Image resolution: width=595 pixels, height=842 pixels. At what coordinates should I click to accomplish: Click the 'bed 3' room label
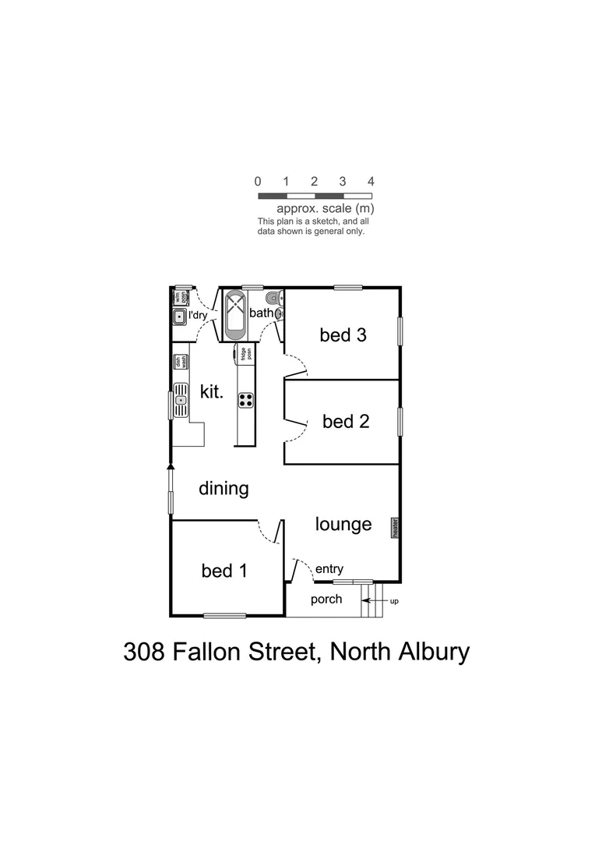pyautogui.click(x=343, y=335)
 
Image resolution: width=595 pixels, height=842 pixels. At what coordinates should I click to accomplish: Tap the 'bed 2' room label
pyautogui.click(x=345, y=422)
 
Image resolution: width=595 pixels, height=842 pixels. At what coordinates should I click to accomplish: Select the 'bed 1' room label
pyautogui.click(x=224, y=571)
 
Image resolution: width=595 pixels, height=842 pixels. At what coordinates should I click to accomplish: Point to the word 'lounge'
pyautogui.click(x=343, y=524)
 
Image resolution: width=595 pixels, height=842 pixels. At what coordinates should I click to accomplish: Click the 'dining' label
pyautogui.click(x=224, y=489)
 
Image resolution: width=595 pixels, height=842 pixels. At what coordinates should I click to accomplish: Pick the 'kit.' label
pyautogui.click(x=212, y=391)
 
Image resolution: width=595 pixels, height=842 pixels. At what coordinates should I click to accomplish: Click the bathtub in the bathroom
pyautogui.click(x=235, y=314)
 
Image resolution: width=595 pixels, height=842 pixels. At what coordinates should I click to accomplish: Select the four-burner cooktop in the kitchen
pyautogui.click(x=245, y=401)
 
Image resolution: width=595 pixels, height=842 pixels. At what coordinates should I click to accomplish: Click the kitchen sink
pyautogui.click(x=181, y=400)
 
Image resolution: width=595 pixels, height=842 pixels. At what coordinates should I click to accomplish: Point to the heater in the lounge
pyautogui.click(x=395, y=529)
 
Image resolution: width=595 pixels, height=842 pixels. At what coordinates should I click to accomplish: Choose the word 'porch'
pyautogui.click(x=326, y=600)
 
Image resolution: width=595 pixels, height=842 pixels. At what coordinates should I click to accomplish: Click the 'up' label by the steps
pyautogui.click(x=394, y=602)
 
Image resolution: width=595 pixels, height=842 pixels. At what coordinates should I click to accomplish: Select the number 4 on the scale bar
pyautogui.click(x=371, y=181)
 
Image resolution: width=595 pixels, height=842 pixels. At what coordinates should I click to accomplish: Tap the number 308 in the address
pyautogui.click(x=144, y=652)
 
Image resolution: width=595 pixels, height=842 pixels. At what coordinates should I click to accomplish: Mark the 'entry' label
pyautogui.click(x=329, y=569)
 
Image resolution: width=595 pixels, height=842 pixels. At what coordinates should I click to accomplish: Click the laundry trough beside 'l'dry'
pyautogui.click(x=179, y=317)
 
